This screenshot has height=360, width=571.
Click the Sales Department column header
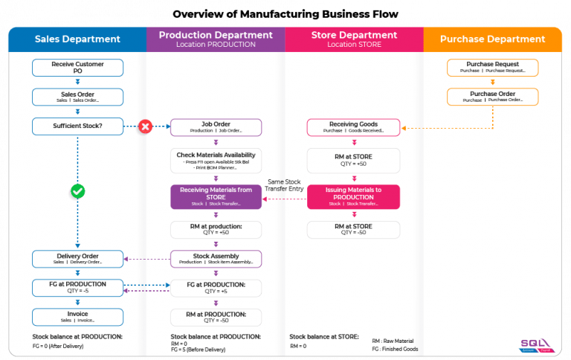77,39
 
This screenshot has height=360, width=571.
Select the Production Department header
216,39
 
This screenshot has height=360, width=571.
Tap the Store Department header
354,39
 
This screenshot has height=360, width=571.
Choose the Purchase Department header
492,39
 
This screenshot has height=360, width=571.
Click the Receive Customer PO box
77,68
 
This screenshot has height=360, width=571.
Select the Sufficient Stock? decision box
77,126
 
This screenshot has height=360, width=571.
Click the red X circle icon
146,127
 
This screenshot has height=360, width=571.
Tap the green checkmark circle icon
77,192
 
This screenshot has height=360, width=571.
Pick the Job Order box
216,127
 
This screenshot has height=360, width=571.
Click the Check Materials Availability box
216,161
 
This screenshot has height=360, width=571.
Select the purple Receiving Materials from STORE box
216,196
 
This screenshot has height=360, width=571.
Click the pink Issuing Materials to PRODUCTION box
353,196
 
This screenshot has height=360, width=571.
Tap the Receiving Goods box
353,127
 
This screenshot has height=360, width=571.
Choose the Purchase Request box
492,68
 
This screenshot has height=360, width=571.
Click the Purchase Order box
492,97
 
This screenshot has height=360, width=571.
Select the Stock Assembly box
216,259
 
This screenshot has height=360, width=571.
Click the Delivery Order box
77,259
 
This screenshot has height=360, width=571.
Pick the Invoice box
77,317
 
